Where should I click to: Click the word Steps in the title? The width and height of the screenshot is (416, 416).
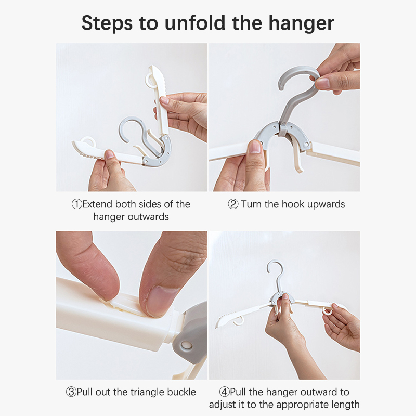(107, 23)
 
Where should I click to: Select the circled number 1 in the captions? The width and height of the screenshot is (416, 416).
(77, 204)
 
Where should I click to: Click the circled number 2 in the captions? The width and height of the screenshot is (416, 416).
(233, 204)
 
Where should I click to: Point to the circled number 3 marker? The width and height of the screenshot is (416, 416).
(71, 392)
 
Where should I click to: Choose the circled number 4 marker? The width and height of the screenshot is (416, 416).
(225, 392)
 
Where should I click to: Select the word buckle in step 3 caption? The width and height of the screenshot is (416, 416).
(181, 392)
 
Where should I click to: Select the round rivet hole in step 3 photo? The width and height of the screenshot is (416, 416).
(186, 345)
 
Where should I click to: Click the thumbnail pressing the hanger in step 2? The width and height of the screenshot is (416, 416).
(255, 147)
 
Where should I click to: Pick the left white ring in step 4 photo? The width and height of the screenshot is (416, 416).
(239, 321)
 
